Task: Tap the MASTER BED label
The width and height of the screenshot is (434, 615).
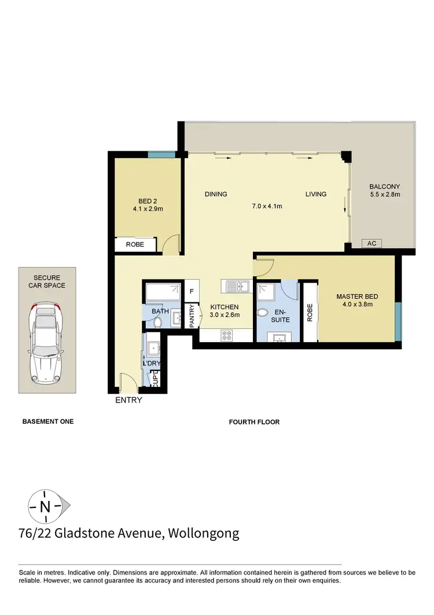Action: point(358,297)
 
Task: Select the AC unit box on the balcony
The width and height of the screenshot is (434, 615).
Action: point(372,244)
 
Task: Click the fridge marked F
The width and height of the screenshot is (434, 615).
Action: point(192,291)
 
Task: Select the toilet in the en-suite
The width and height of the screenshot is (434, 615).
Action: point(263,313)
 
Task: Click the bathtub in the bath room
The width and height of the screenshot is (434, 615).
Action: point(161,291)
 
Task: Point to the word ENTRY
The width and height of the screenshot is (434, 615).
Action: point(128,400)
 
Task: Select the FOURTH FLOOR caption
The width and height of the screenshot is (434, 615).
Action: point(255,422)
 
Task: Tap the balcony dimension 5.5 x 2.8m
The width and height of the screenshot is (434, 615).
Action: point(385,195)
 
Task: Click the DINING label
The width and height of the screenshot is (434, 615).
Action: point(215,194)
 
